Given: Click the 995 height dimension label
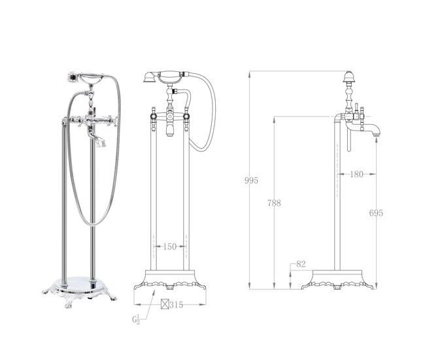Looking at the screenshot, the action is pos(251,180).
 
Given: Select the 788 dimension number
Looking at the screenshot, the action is pos(274,203).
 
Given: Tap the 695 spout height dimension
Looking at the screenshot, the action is pos(376,213).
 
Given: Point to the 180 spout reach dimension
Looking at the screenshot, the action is pos(356,174).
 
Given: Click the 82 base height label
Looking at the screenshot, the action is pos(301,264).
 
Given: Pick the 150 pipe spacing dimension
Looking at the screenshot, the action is pos(170,246).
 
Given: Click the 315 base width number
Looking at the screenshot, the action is pos(177,305).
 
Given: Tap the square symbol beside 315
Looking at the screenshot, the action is pos(165,304).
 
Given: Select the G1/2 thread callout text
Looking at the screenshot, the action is pos(136,319).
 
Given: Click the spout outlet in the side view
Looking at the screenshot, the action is pos(376,133).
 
